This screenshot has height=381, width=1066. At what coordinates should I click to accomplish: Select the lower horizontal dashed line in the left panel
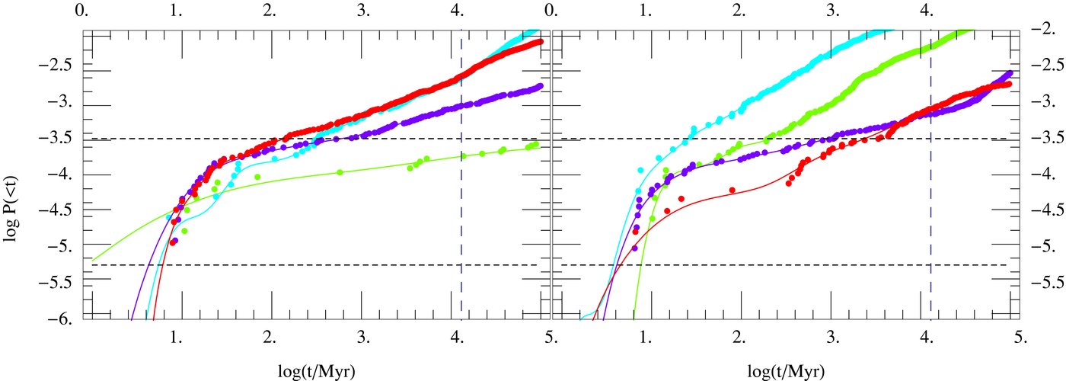[x=305, y=264]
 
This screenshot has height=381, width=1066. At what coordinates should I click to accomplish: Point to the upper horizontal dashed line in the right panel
[x=761, y=139]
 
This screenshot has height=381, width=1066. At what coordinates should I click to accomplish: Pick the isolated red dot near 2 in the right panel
[x=732, y=190]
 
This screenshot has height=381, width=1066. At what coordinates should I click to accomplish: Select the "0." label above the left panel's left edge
[x=84, y=11]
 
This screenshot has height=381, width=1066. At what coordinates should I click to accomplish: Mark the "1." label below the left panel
[x=176, y=335]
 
